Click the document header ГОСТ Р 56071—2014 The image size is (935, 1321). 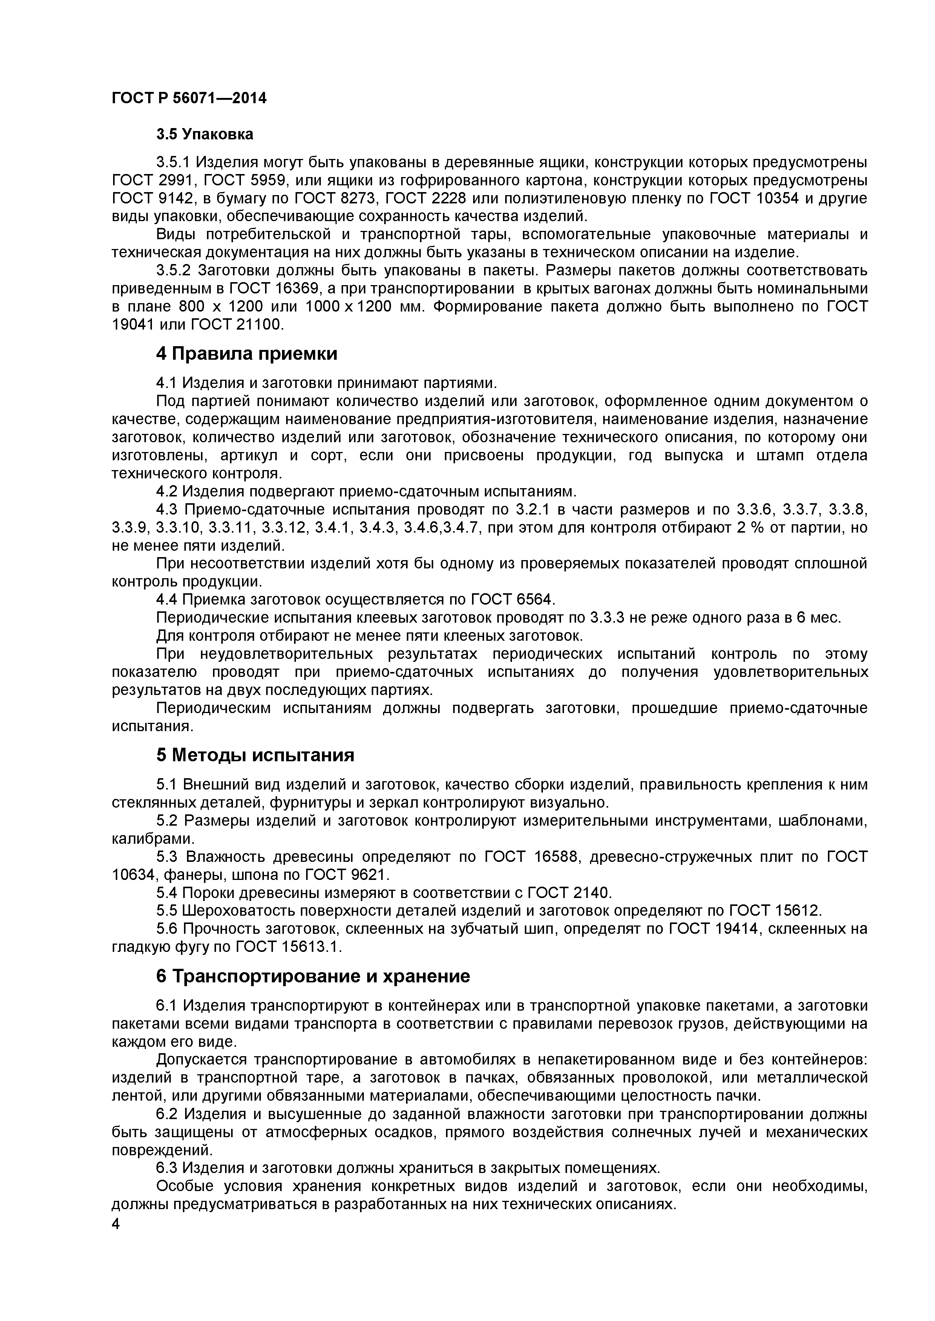click(189, 98)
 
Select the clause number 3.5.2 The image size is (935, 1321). click(173, 270)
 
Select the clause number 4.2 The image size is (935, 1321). click(167, 491)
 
